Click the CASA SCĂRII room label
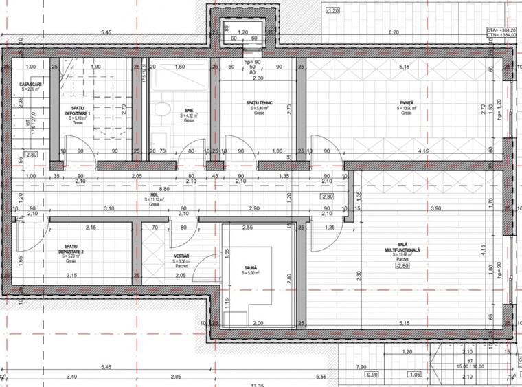[31, 83]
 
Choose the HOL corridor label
[155, 195]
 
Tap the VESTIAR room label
[181, 255]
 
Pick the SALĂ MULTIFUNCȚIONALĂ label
[407, 250]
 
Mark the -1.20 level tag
[332, 11]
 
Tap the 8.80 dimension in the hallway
[164, 188]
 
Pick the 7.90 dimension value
[361, 368]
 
